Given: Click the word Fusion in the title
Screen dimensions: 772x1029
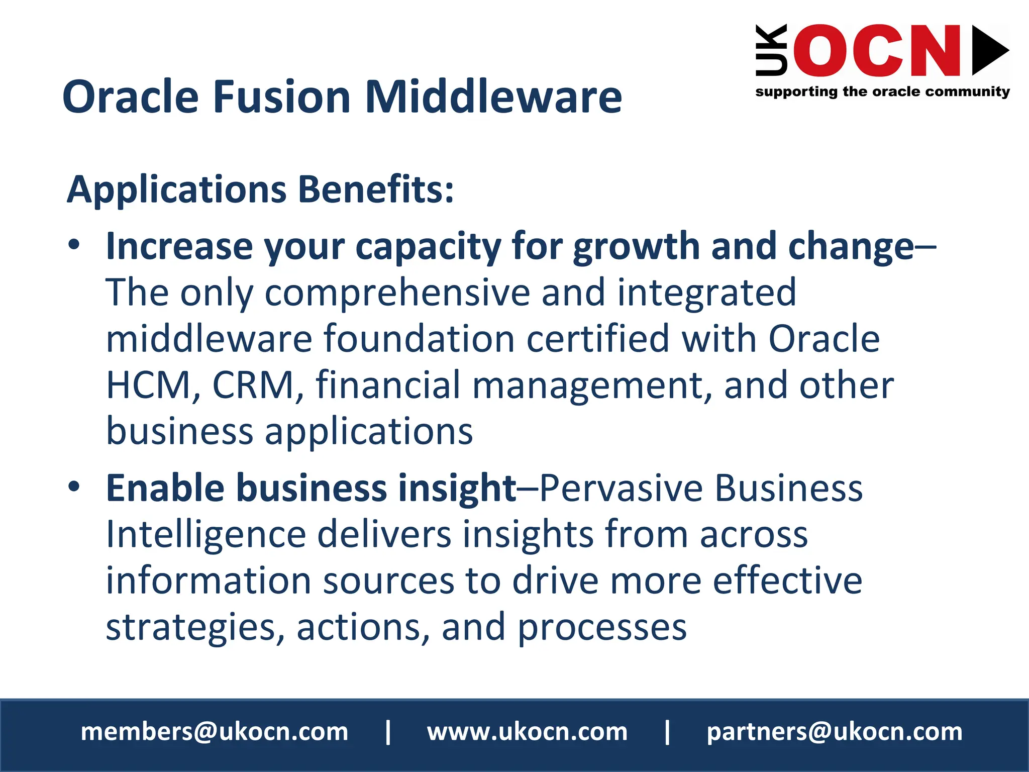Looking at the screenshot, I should click(x=282, y=96).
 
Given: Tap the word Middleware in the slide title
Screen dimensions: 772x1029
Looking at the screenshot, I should click(x=493, y=96).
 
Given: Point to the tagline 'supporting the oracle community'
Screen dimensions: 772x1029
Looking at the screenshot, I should click(x=882, y=92).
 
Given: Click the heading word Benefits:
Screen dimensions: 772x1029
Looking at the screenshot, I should click(x=376, y=189).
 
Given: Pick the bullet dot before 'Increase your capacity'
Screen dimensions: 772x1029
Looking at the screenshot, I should click(x=74, y=245).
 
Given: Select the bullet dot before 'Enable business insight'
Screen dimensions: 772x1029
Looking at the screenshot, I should click(x=74, y=487).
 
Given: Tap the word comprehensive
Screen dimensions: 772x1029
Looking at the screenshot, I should click(x=397, y=293).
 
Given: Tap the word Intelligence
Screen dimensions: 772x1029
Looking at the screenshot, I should click(x=206, y=535).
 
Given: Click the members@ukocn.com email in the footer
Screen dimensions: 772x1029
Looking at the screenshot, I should click(x=215, y=732).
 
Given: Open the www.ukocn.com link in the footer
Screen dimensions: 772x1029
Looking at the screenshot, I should click(x=527, y=732).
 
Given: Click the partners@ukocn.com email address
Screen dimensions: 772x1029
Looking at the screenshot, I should click(x=835, y=732).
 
